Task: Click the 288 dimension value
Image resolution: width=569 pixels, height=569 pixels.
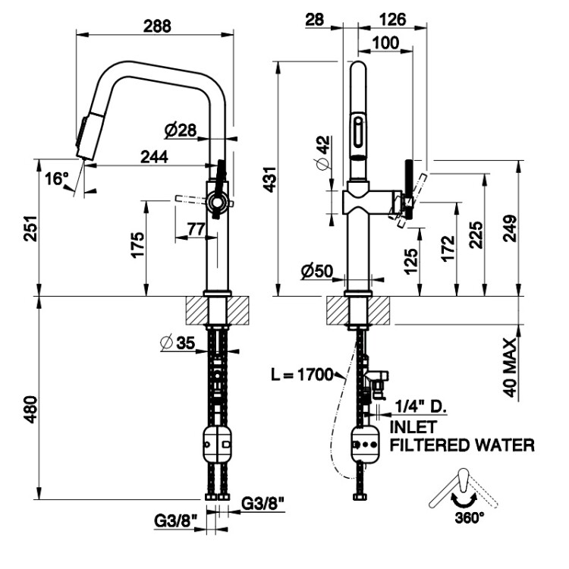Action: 157,26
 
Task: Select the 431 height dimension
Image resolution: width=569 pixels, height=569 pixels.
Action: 270,179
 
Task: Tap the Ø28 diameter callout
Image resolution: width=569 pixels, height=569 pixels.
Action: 180,130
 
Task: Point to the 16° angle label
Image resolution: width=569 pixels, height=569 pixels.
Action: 57,178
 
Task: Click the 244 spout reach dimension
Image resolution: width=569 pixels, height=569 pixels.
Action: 154,157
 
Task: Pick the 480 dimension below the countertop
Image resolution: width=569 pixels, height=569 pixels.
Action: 31,410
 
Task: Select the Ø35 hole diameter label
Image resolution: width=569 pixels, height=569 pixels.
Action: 178,343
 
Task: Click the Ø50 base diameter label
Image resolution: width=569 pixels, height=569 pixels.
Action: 316,271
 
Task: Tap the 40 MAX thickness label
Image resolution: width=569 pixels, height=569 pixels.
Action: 510,368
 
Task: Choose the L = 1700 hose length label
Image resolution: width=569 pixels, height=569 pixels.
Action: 302,375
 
